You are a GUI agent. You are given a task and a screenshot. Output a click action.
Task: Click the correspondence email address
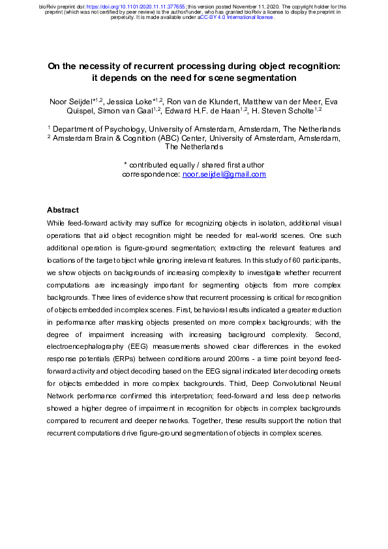pyautogui.click(x=224, y=174)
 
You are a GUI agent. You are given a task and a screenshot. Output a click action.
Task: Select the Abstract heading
pyautogui.click(x=63, y=210)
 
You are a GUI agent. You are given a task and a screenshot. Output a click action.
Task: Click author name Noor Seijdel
pyautogui.click(x=72, y=102)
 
